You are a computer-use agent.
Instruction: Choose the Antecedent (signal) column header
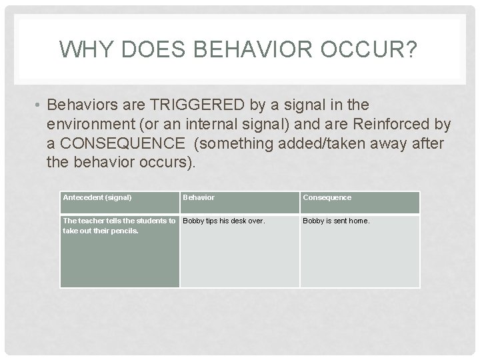[97, 197]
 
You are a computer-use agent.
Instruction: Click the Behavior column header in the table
[199, 197]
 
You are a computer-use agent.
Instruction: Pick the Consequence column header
[327, 197]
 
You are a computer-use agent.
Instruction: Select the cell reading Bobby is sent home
[336, 221]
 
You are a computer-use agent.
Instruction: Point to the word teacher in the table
[91, 221]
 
